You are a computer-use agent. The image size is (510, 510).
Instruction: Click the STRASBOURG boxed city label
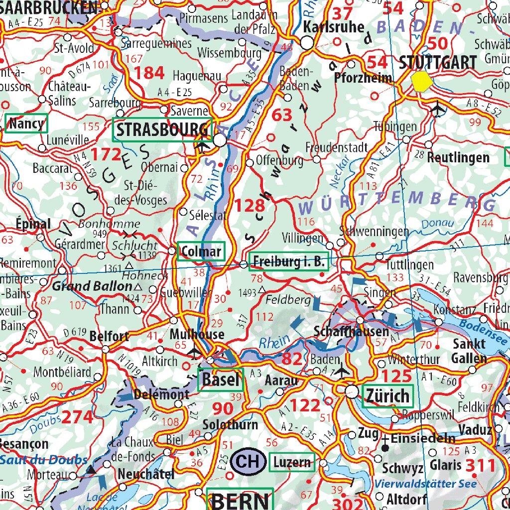click(x=162, y=130)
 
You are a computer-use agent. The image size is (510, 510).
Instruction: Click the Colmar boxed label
click(x=201, y=251)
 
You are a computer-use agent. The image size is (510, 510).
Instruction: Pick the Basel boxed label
click(x=221, y=381)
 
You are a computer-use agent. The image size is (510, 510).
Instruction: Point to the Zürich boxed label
click(x=387, y=396)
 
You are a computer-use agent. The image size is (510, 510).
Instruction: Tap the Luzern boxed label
click(x=292, y=462)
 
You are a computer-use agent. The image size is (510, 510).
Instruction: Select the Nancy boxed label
click(x=26, y=123)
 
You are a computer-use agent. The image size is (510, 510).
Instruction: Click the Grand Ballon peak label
click(x=93, y=286)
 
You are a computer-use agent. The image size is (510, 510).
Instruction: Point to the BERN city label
click(x=241, y=501)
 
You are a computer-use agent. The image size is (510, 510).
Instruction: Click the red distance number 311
click(x=480, y=465)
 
